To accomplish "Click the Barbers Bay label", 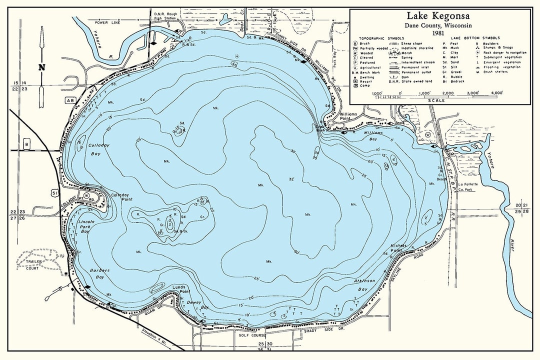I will click(99, 274).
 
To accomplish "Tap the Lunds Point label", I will click(182, 289).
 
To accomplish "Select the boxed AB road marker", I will click(70, 100).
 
